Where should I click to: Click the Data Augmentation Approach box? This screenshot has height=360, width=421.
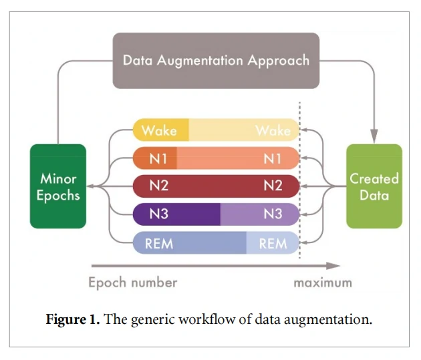coord(216,60)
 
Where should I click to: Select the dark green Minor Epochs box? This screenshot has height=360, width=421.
coord(58,186)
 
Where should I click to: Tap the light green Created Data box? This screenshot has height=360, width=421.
coord(374,186)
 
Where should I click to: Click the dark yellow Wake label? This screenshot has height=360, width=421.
coord(159,130)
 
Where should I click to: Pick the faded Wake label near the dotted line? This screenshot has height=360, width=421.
coord(273,130)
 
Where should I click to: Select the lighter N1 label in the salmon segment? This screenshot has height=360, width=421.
coord(273,158)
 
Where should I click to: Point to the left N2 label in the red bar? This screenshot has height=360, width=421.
coord(158,186)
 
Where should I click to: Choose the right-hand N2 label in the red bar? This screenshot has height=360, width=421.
coord(273,186)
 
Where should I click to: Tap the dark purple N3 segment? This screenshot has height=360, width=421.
coord(177,214)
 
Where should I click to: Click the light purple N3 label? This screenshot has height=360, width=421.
coord(273,214)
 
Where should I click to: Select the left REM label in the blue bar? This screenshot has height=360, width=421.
coord(159,243)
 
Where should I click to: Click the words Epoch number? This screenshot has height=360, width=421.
coord(133,283)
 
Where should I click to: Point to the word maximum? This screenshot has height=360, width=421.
coord(322,283)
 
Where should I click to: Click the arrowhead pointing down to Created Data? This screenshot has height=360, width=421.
coord(374,132)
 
